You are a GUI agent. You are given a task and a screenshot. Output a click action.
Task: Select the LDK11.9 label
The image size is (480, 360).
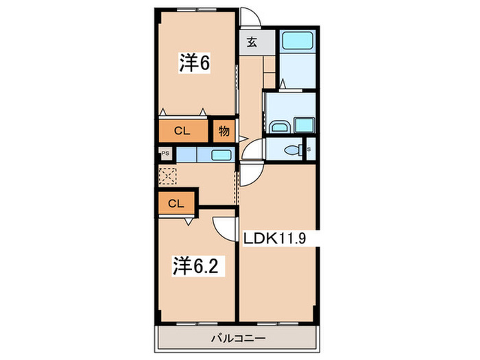(x=278, y=238)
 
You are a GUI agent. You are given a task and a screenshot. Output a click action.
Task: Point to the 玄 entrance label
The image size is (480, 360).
(x=251, y=43)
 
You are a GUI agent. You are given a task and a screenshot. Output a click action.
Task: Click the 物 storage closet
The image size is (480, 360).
(x=224, y=130)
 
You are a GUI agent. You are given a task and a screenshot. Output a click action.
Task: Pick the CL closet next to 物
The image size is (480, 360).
(x=182, y=130)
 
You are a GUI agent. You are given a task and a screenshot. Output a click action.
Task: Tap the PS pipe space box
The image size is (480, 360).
(x=165, y=154)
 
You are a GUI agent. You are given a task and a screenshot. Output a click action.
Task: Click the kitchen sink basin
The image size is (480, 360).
(x=221, y=154)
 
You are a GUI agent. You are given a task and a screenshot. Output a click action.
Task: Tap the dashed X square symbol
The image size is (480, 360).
(x=168, y=175)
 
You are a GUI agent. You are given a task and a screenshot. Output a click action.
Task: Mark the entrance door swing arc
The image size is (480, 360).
(x=250, y=16)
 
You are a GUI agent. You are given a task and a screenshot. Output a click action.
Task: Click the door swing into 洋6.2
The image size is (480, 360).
(x=222, y=226)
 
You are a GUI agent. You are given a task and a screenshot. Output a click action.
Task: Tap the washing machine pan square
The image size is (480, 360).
(x=303, y=125)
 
